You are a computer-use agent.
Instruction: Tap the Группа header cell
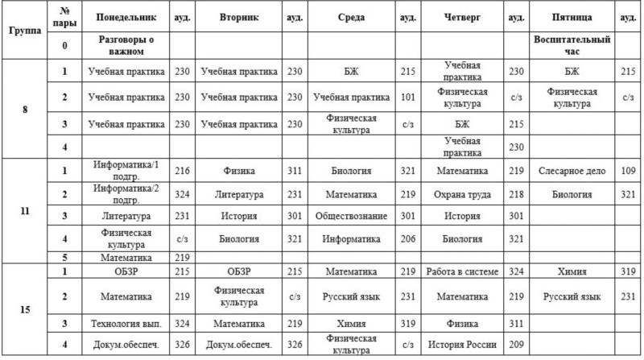coord(25,30)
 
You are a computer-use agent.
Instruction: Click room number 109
coord(629,171)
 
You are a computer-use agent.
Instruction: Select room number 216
coord(181,171)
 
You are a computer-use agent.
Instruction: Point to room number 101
coord(407,97)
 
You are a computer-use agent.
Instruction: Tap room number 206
coord(407,239)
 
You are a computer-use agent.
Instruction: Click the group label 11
coord(25,210)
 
